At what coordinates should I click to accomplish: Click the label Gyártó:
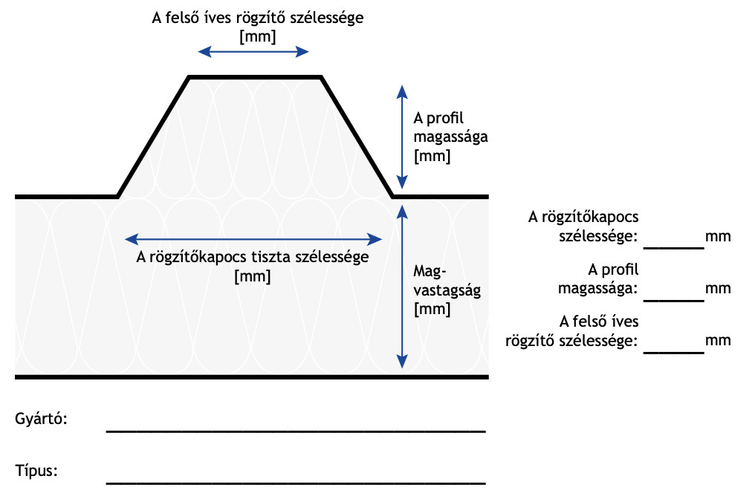(41, 419)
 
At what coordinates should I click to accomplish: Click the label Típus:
(36, 470)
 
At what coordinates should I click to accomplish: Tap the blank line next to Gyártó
(296, 431)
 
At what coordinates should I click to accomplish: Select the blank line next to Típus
(296, 483)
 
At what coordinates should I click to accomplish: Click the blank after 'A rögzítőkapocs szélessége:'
(673, 248)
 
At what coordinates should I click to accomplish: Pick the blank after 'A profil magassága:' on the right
(673, 301)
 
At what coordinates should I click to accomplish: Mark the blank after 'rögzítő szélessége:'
(673, 353)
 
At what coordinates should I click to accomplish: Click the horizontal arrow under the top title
(253, 52)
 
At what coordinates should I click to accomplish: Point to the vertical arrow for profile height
(402, 137)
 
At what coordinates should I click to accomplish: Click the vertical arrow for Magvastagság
(402, 287)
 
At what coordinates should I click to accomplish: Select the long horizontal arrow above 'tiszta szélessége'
(253, 238)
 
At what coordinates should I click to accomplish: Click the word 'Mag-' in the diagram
(430, 272)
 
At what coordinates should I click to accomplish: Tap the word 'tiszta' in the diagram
(274, 256)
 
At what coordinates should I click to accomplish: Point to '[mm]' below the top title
(258, 36)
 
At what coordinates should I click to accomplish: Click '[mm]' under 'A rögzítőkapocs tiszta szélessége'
(253, 276)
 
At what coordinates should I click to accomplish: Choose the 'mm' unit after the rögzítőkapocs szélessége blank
(718, 237)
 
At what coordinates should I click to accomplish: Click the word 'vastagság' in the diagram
(447, 290)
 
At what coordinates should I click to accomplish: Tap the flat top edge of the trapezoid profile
(255, 76)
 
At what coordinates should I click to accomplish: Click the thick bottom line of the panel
(252, 376)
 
